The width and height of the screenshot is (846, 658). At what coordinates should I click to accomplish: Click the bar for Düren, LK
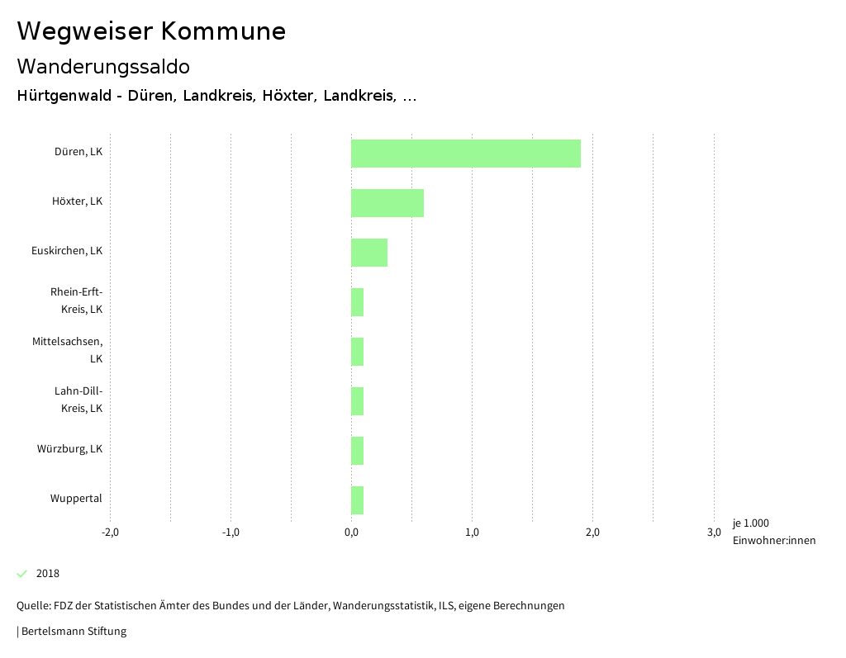pyautogui.click(x=465, y=154)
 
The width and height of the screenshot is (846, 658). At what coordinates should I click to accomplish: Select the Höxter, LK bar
pyautogui.click(x=387, y=203)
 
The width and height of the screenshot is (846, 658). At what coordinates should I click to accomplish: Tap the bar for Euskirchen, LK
pyautogui.click(x=368, y=253)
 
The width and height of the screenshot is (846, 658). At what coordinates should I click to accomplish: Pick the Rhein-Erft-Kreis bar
pyautogui.click(x=357, y=302)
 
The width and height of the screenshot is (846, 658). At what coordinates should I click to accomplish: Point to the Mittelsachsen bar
pyautogui.click(x=357, y=352)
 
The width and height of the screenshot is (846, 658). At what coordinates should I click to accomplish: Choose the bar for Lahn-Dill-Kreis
pyautogui.click(x=357, y=401)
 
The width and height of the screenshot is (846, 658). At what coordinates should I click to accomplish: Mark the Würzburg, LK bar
pyautogui.click(x=357, y=451)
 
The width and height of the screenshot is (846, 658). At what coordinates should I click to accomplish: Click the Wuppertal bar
pyautogui.click(x=357, y=500)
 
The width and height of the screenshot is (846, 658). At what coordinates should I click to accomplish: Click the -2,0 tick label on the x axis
pyautogui.click(x=110, y=532)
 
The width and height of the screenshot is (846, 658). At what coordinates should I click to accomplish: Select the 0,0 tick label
pyautogui.click(x=351, y=532)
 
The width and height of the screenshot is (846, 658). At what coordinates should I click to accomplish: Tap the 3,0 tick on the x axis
pyautogui.click(x=714, y=532)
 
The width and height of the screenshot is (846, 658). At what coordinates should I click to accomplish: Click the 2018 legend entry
pyautogui.click(x=47, y=574)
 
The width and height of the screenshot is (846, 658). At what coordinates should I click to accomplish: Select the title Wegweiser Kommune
pyautogui.click(x=151, y=31)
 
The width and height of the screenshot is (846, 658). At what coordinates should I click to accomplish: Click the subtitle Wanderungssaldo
pyautogui.click(x=103, y=66)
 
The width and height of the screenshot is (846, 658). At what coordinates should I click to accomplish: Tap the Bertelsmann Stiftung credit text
pyautogui.click(x=73, y=632)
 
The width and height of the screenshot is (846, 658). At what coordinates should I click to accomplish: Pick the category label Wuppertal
pyautogui.click(x=76, y=499)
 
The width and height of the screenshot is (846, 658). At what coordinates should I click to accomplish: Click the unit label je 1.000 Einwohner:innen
pyautogui.click(x=773, y=532)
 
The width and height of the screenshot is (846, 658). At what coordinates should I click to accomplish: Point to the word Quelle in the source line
pyautogui.click(x=32, y=606)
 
